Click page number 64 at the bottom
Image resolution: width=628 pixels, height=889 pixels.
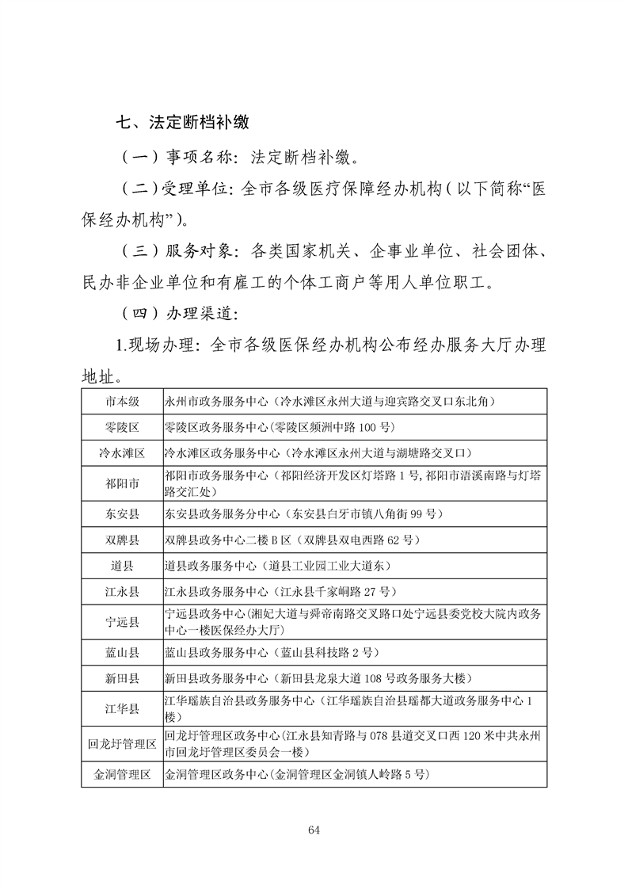coord(313,830)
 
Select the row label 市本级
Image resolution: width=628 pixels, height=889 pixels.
coord(122,402)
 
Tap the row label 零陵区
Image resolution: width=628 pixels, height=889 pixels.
coord(122,427)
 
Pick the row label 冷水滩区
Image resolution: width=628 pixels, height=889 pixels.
coord(122,453)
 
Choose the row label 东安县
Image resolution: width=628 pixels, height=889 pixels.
coord(122,513)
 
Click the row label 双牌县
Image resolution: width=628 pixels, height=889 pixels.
coord(122,540)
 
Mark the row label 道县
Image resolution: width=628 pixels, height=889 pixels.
coord(122,566)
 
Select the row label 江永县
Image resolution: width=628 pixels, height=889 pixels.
coord(122,592)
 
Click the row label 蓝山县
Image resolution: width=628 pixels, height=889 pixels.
coord(122,653)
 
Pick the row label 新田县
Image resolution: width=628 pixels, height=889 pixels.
coord(122,679)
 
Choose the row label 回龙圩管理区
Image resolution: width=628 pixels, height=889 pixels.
coord(122,744)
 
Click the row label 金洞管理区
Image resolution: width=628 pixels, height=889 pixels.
coord(122,774)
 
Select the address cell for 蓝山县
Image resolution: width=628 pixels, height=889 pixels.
coord(272,653)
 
